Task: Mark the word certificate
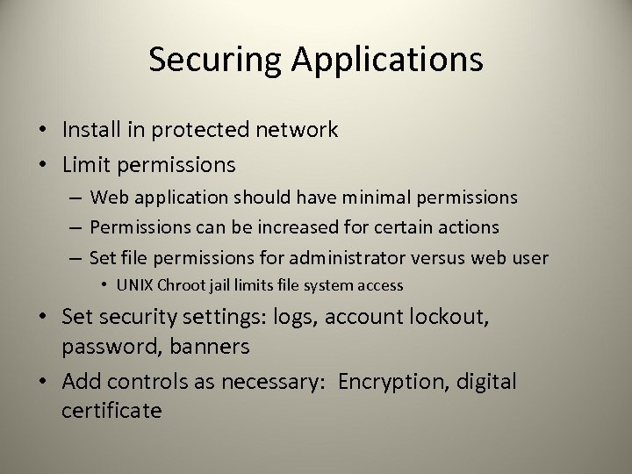tap(111, 410)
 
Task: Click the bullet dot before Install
tap(42, 131)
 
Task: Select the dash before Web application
tap(75, 198)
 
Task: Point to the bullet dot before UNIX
tap(104, 286)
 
